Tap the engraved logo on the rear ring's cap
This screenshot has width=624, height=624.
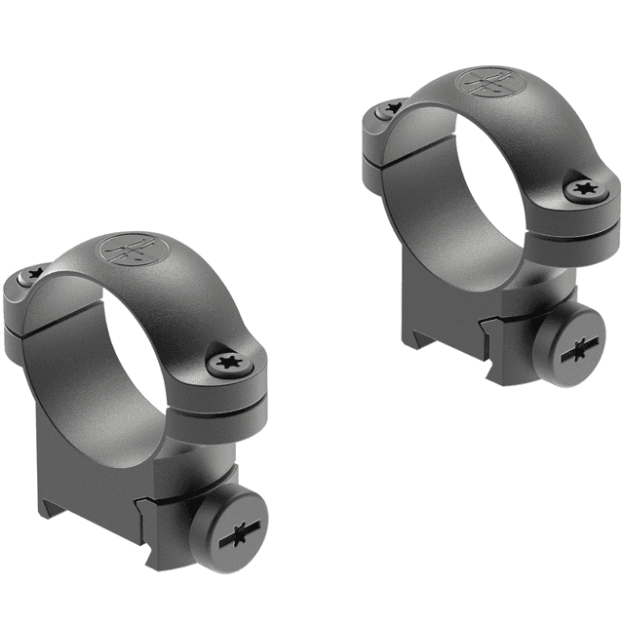(488, 81)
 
